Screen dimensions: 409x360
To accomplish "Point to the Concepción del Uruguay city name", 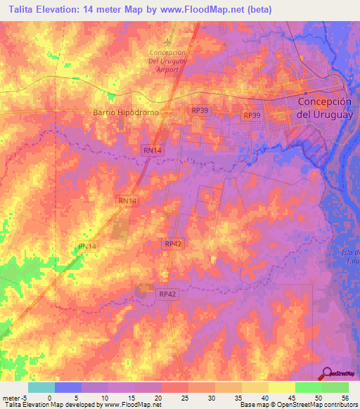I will click(327, 105).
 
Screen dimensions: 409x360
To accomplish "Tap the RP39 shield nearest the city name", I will click(251, 115).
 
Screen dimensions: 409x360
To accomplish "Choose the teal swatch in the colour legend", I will click(41, 387).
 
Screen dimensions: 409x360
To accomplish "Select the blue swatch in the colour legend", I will click(67, 387).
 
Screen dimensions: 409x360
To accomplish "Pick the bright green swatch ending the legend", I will click(335, 387).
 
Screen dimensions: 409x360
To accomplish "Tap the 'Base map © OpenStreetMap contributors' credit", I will click(299, 405).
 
